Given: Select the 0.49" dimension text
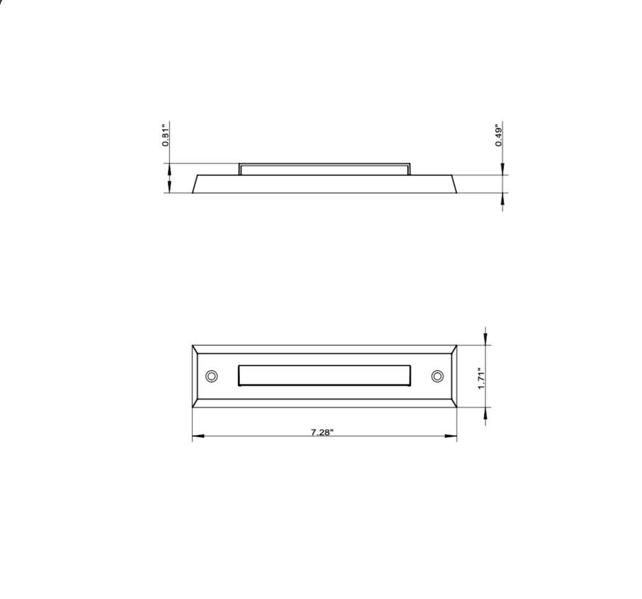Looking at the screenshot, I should click(x=499, y=135).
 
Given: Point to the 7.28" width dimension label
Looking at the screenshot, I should click(x=322, y=432).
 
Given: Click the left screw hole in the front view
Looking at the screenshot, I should click(x=211, y=376).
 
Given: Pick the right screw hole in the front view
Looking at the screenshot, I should click(x=437, y=376).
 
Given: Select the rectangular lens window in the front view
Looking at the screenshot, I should click(x=324, y=375).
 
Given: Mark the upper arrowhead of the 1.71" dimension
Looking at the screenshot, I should click(x=486, y=339).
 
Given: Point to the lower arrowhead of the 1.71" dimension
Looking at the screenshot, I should click(x=486, y=414).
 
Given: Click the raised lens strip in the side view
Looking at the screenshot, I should click(x=324, y=169).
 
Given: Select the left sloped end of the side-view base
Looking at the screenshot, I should click(x=195, y=184).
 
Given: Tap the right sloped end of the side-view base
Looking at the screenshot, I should click(x=453, y=184).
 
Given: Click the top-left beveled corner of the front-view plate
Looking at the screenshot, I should click(x=195, y=349).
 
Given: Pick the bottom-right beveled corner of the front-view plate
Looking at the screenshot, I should click(x=453, y=403).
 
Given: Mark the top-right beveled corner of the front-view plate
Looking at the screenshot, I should click(x=453, y=349).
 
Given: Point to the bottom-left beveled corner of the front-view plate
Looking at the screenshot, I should click(x=195, y=403).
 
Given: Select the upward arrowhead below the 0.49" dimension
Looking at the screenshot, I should click(x=502, y=198).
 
